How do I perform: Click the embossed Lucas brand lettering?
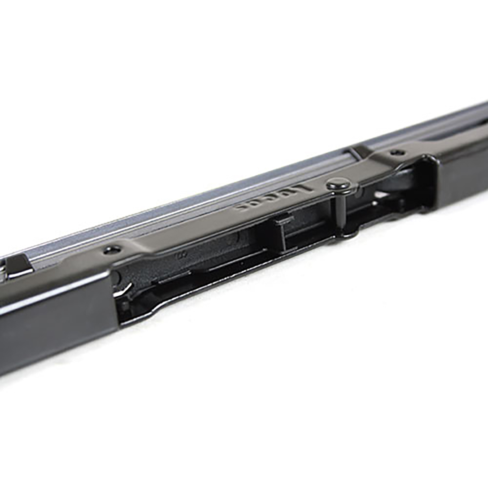coord(275,199)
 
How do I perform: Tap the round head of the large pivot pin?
coord(338,186)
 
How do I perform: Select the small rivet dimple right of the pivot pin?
coord(395,152)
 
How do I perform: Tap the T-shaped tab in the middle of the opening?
coord(281,224)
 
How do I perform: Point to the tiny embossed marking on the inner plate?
coord(179,254)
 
